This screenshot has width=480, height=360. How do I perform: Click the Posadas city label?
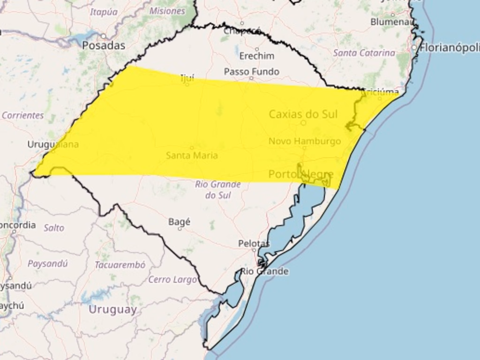click(x=104, y=45)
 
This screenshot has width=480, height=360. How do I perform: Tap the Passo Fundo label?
click(x=251, y=72)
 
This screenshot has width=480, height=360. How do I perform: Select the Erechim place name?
click(x=256, y=56)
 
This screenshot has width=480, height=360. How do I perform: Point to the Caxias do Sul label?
click(x=303, y=114)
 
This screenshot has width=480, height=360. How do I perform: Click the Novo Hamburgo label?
click(x=305, y=141)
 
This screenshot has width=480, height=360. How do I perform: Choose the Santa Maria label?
click(x=192, y=155)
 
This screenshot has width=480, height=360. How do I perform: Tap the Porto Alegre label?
click(x=301, y=175)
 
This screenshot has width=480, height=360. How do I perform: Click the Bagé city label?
click(x=179, y=222)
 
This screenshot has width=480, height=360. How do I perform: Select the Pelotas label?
click(x=254, y=244)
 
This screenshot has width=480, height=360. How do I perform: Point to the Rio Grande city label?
click(x=264, y=271)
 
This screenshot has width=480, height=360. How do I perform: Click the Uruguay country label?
click(x=112, y=309)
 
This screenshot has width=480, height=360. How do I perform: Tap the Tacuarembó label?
click(x=120, y=265)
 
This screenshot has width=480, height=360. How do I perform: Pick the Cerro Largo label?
click(x=172, y=280)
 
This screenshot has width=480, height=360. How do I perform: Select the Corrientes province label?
click(x=22, y=115)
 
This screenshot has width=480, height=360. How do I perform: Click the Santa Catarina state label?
click(x=364, y=53)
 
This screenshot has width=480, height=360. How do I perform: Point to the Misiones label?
click(x=167, y=11)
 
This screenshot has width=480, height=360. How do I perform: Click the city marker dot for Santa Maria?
click(x=192, y=148)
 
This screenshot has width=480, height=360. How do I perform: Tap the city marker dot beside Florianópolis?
click(x=414, y=47)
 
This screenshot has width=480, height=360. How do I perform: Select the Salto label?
click(x=54, y=228)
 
